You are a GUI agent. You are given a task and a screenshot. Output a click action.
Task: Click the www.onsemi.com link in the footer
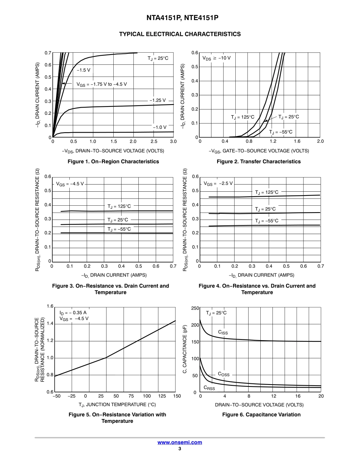(x=180, y=442)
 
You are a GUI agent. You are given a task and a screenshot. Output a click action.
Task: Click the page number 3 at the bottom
(x=180, y=449)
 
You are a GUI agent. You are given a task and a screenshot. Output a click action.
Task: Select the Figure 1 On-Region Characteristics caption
(x=113, y=161)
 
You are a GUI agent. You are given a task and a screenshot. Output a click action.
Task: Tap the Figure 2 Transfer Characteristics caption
(x=258, y=161)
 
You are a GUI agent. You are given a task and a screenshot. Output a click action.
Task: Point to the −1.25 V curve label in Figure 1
(x=158, y=100)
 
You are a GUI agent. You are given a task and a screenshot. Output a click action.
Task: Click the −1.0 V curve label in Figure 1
(x=160, y=127)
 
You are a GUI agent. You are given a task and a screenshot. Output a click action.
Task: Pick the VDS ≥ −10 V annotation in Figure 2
(x=216, y=58)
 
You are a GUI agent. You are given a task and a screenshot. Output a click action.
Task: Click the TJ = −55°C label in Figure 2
(x=281, y=132)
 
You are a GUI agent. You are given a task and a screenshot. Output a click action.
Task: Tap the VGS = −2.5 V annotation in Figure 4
(x=218, y=183)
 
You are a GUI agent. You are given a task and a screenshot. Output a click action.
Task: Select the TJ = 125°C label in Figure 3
(x=119, y=206)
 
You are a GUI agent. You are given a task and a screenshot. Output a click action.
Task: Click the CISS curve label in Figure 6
(x=223, y=332)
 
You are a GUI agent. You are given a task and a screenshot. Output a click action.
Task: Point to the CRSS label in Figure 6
(x=209, y=388)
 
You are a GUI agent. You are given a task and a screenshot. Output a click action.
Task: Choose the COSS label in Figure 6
(x=224, y=374)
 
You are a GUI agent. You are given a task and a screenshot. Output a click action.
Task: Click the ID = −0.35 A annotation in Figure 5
(x=73, y=313)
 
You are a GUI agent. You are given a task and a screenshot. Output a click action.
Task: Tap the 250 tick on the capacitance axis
(x=195, y=308)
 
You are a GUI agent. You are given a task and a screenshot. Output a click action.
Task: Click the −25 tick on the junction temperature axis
(x=72, y=396)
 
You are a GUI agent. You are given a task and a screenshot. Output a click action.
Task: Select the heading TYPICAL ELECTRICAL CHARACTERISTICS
(x=180, y=34)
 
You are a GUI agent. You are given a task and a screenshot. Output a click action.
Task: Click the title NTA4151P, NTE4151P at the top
(x=180, y=18)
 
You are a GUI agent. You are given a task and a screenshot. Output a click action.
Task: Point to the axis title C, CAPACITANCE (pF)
(x=185, y=349)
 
